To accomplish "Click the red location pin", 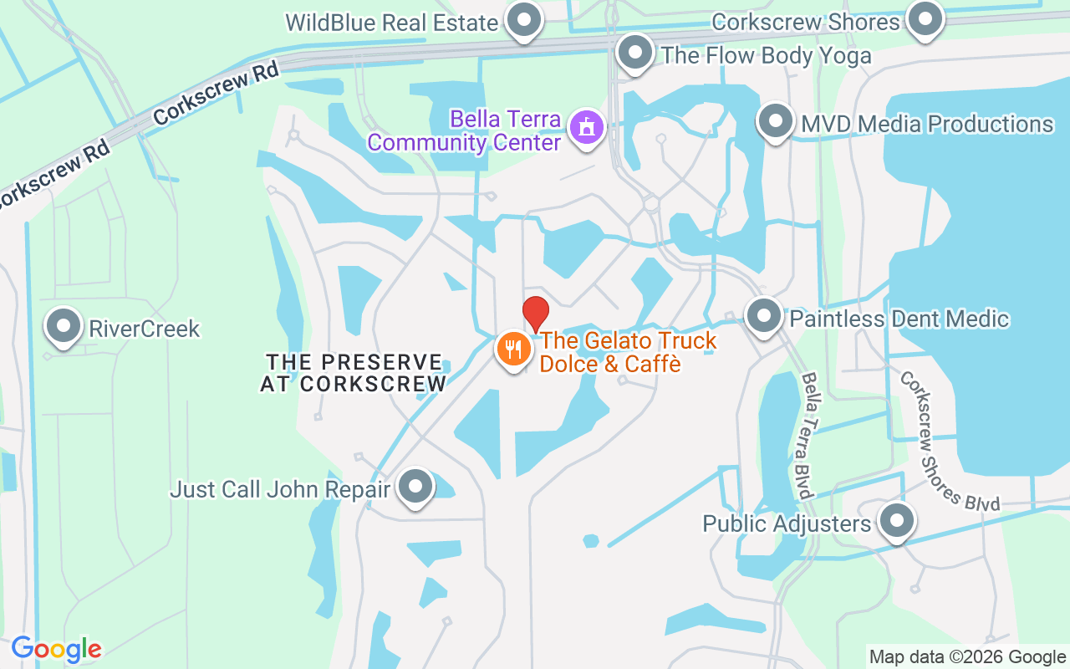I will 536,313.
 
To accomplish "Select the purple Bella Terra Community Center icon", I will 586,128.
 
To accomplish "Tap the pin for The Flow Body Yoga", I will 634,53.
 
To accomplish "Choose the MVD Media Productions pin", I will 775,121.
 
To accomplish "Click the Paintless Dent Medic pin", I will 762,316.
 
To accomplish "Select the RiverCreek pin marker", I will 64,326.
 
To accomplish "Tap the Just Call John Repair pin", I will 415,486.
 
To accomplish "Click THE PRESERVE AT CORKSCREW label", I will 354,373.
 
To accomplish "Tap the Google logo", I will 57,649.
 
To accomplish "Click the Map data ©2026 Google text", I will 966,656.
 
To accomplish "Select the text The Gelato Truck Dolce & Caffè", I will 627,352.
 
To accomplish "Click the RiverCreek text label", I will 144,329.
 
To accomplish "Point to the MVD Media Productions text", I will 926,124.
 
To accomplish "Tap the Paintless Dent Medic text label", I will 899,319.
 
